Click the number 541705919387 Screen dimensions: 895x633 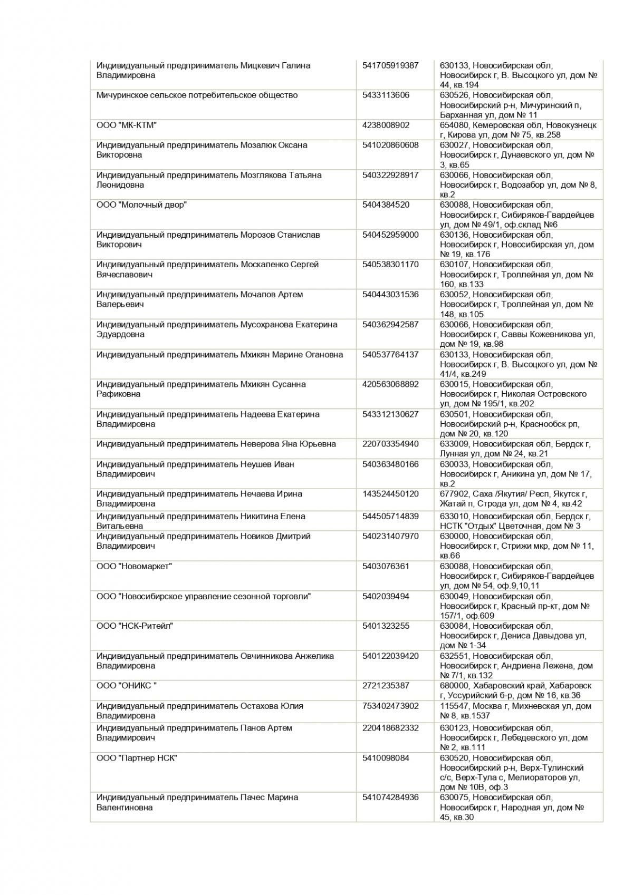point(390,66)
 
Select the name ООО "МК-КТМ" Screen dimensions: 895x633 point(127,125)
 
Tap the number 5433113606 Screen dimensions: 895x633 point(386,95)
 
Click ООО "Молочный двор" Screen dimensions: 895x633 point(141,205)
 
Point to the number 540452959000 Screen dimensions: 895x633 point(390,235)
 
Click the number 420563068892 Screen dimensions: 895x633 point(390,384)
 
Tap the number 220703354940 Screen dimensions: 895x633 point(390,444)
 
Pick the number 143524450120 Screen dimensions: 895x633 point(390,494)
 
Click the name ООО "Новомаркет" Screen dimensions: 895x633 point(134,567)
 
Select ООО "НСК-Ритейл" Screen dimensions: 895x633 point(135,626)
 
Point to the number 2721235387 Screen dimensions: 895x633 point(386,686)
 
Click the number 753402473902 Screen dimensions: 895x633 point(390,706)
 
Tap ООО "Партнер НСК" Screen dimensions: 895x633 point(137,758)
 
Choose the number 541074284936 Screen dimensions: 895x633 point(390,797)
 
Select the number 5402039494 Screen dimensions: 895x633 point(386,596)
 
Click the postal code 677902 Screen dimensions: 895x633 point(454,494)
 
